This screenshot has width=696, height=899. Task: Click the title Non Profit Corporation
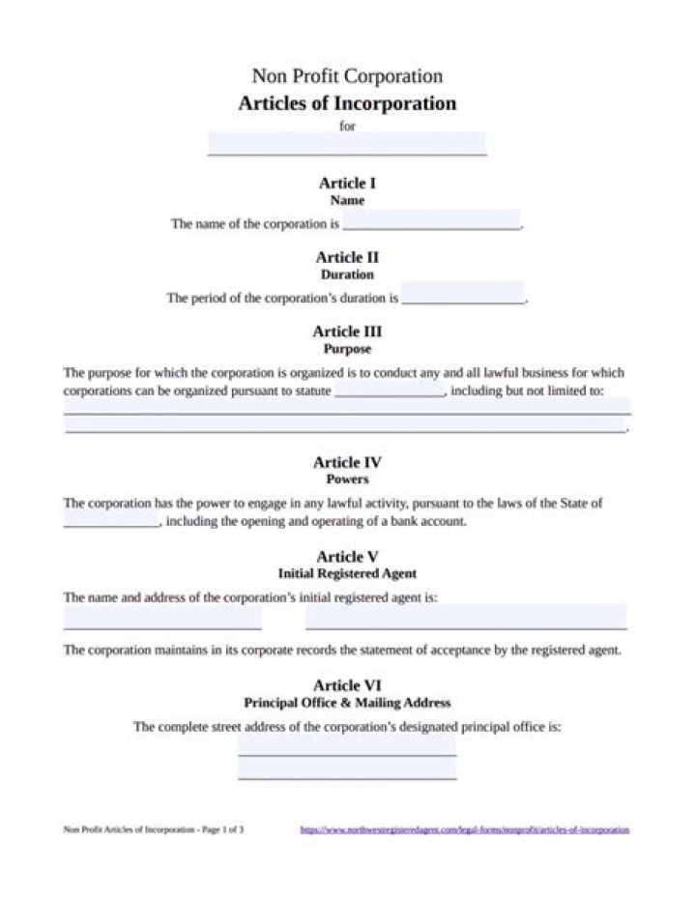point(347,76)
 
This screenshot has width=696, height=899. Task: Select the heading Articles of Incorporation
point(347,103)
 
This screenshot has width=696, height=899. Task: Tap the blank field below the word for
point(347,143)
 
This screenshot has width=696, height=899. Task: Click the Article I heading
point(347,183)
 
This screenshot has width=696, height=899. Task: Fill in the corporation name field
point(431,220)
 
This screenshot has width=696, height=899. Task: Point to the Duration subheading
point(347,275)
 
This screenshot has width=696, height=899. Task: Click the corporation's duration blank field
point(463,294)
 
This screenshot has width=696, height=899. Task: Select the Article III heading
point(347,332)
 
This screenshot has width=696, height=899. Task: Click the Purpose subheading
point(347,349)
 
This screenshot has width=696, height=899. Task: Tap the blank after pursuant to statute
point(390,392)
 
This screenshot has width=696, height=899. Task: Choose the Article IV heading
point(347,462)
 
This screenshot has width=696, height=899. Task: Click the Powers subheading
point(347,479)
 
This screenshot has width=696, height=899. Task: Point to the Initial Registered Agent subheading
point(347,574)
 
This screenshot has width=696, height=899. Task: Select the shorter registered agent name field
point(162,617)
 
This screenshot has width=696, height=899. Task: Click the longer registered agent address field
point(466,617)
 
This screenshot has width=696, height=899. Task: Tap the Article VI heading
point(347,685)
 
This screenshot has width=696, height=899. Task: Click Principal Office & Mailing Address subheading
point(347,703)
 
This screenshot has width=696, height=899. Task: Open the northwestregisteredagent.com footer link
point(464,829)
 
